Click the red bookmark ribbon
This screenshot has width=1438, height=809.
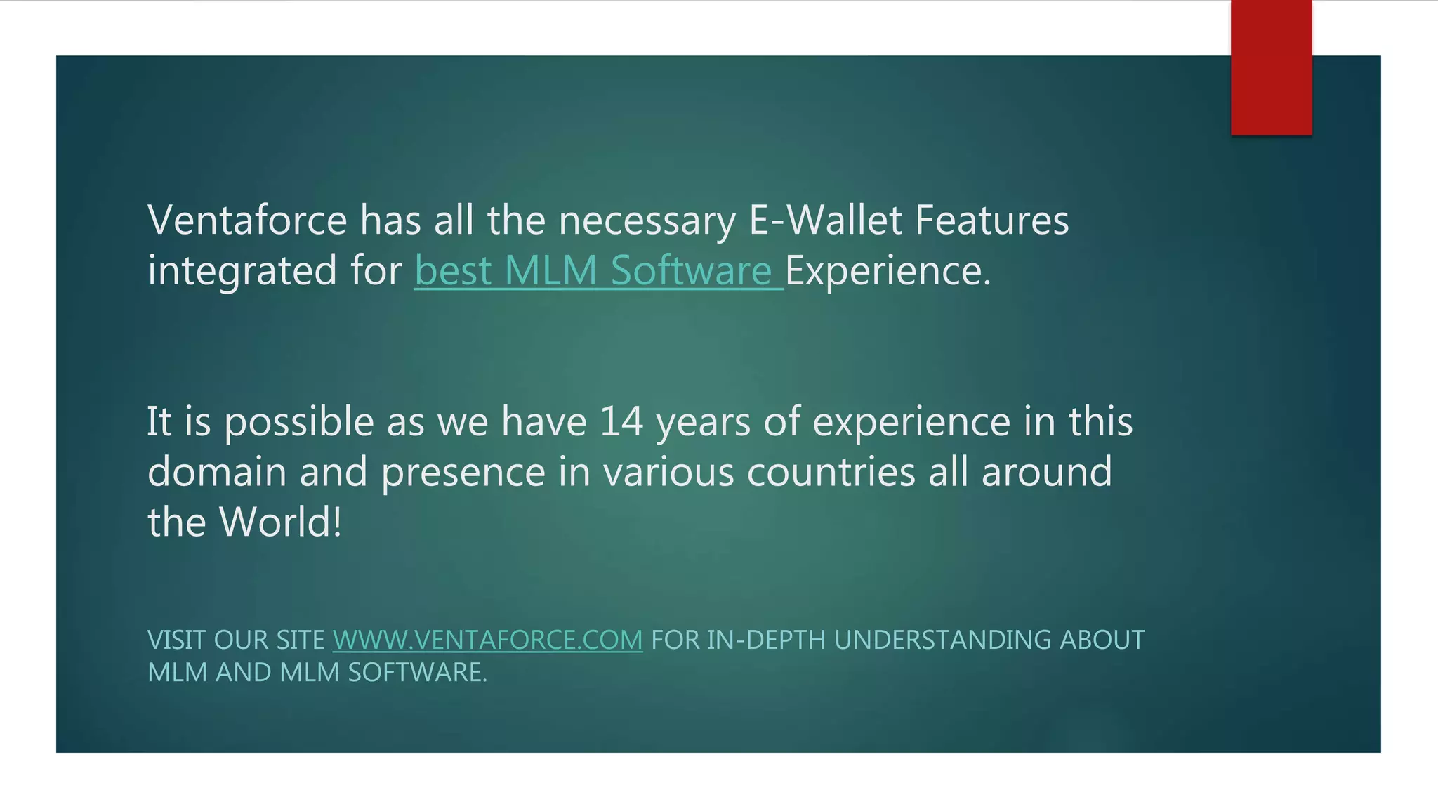pyautogui.click(x=1271, y=67)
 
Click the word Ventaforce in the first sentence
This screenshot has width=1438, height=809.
pyautogui.click(x=247, y=220)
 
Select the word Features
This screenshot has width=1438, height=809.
pyautogui.click(x=991, y=220)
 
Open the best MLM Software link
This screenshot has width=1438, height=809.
pyautogui.click(x=598, y=270)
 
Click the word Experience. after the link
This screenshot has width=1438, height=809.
pyautogui.click(x=888, y=270)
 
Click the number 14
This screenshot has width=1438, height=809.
pyautogui.click(x=621, y=421)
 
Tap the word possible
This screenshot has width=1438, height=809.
pyautogui.click(x=299, y=423)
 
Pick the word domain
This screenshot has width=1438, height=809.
pyautogui.click(x=217, y=471)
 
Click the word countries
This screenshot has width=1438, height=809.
pyautogui.click(x=831, y=471)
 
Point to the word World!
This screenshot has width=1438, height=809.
pyautogui.click(x=281, y=522)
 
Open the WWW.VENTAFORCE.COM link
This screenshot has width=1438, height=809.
pyautogui.click(x=487, y=640)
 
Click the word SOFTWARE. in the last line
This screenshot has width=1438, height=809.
pyautogui.click(x=417, y=672)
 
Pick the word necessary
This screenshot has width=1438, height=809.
pyautogui.click(x=647, y=220)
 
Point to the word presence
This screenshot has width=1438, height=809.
pyautogui.click(x=463, y=472)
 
